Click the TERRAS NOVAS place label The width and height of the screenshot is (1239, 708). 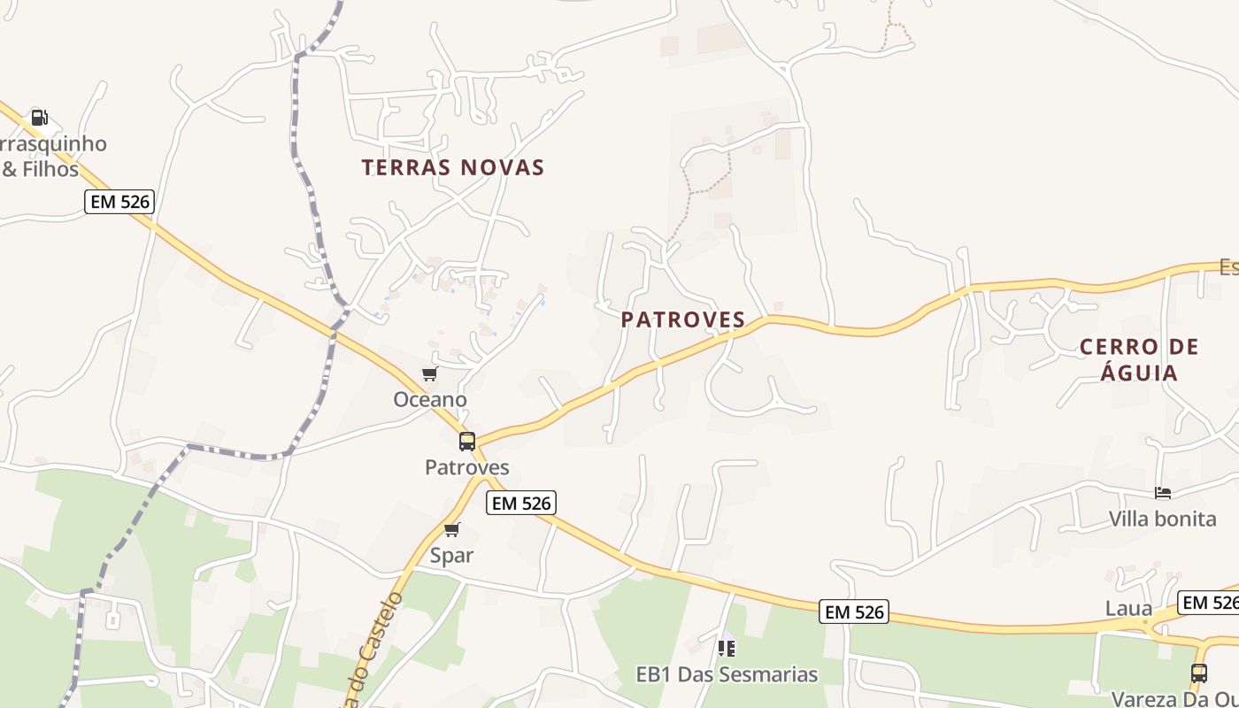[x=452, y=167]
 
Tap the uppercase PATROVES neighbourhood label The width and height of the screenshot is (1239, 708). [x=683, y=319]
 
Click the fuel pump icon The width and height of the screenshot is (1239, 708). [x=39, y=117]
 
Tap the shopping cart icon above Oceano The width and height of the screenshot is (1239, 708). [x=429, y=374]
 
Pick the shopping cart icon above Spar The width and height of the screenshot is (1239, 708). [x=452, y=530]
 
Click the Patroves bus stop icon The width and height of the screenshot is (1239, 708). [x=467, y=442]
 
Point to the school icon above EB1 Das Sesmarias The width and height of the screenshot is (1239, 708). [x=727, y=649]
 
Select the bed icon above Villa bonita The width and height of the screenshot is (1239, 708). [x=1163, y=493]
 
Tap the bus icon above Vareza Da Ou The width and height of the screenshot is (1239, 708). [x=1199, y=673]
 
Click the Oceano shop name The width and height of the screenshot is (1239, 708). [x=430, y=400]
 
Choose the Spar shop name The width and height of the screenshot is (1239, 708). [x=452, y=556]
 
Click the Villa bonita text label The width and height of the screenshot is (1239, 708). [x=1163, y=519]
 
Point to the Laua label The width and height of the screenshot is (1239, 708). [x=1129, y=609]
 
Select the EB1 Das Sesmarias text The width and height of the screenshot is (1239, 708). [x=727, y=674]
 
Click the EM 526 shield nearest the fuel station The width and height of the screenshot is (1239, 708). [x=120, y=202]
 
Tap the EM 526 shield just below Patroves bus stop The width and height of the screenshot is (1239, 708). [x=521, y=504]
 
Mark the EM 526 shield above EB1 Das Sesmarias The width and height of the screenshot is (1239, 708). [x=853, y=612]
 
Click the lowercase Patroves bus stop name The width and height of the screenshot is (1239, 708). [x=467, y=467]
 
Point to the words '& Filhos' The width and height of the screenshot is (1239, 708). [x=41, y=169]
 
